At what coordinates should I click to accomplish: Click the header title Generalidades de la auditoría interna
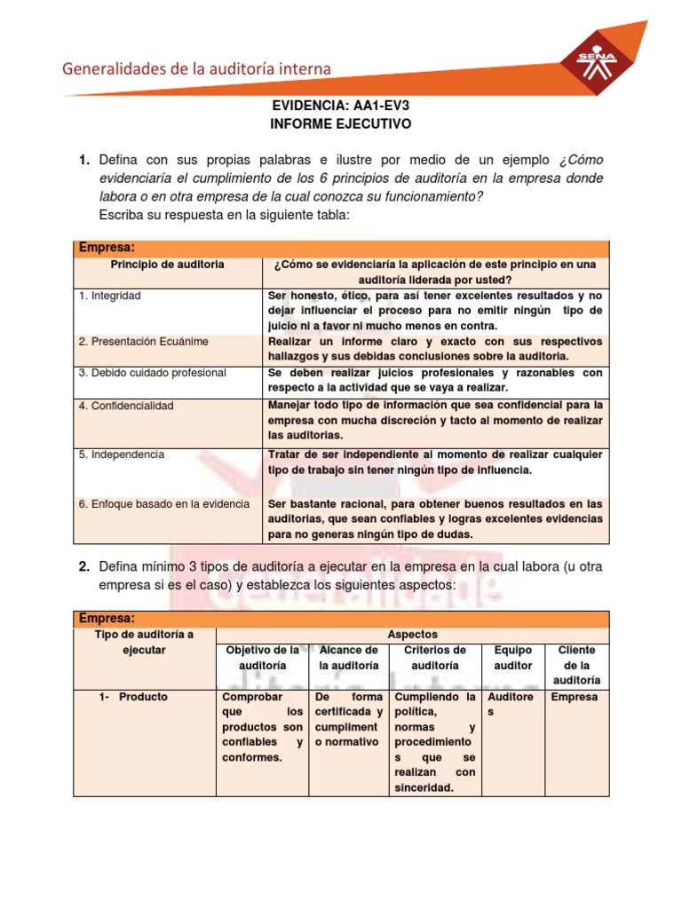196,68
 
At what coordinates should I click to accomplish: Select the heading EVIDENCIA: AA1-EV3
340,106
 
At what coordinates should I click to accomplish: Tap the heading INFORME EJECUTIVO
340,124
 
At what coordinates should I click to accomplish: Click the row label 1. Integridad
109,296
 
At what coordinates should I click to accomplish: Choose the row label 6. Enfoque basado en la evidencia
163,503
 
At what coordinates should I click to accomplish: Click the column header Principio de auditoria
167,265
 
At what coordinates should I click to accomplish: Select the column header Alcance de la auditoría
348,657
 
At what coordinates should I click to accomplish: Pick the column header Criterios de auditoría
434,657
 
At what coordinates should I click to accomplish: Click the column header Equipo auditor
512,657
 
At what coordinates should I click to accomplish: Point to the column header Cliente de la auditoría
576,665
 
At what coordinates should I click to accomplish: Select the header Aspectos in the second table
413,635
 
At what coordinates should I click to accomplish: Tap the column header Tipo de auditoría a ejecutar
144,642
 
